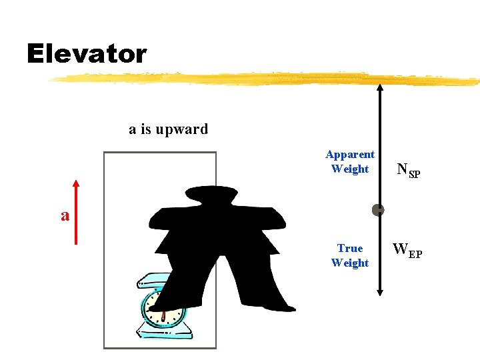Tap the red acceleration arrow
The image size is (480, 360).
click(76, 213)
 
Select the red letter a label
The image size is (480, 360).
click(65, 215)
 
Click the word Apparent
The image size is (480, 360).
click(350, 155)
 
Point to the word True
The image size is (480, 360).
click(350, 249)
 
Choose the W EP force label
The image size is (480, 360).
click(407, 251)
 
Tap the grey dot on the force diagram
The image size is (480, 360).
click(378, 210)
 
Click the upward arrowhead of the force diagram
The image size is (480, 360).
click(379, 87)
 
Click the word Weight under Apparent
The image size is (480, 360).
click(350, 169)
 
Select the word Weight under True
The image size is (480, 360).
click(350, 263)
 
